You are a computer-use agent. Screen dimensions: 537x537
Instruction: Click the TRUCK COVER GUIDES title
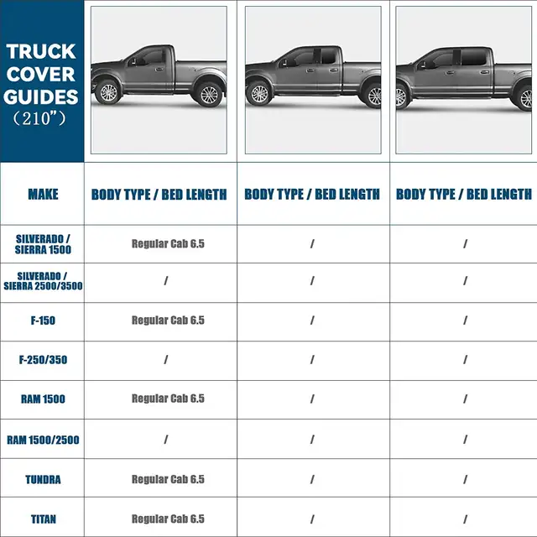(x=41, y=74)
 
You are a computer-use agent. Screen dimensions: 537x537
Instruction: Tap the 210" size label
(x=41, y=118)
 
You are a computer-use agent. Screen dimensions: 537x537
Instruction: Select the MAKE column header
(x=43, y=195)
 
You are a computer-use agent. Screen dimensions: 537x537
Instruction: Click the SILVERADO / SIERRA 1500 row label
(x=43, y=243)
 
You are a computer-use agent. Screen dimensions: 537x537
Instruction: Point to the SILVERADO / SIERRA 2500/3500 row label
(x=43, y=281)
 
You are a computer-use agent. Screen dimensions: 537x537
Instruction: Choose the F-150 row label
(x=43, y=321)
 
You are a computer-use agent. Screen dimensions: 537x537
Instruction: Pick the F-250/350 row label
(x=43, y=359)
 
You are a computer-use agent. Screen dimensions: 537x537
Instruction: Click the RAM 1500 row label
(x=43, y=399)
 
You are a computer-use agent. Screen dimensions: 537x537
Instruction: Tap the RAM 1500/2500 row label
(x=43, y=439)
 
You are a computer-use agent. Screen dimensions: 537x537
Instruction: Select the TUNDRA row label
(x=43, y=479)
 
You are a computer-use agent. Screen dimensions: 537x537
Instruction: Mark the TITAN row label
(x=43, y=519)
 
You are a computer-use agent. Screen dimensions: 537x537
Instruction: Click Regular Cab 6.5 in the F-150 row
(x=168, y=321)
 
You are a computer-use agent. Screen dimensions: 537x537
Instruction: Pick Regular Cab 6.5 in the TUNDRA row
(x=168, y=479)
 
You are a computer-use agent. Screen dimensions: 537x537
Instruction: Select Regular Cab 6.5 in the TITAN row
(x=168, y=519)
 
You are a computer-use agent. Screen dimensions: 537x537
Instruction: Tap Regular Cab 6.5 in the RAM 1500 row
(x=168, y=399)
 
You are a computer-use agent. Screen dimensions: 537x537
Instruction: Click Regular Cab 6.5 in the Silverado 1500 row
(x=168, y=243)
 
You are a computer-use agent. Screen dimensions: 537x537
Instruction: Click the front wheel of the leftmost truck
(x=107, y=91)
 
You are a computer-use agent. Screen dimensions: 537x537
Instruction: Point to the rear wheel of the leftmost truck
(x=209, y=94)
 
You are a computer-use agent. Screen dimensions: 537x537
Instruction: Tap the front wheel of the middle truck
(x=260, y=93)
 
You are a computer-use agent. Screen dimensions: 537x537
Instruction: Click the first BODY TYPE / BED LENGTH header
(x=159, y=195)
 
